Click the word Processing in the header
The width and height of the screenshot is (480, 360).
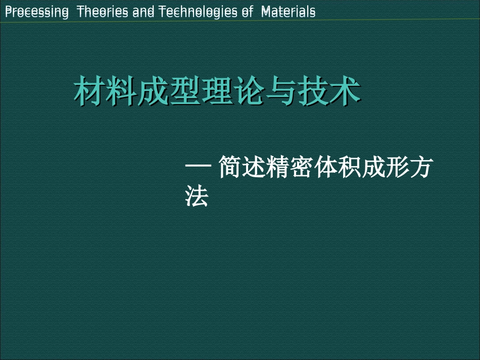pyautogui.click(x=36, y=12)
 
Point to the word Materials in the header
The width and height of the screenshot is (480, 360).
pyautogui.click(x=289, y=12)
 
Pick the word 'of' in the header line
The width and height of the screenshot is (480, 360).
pyautogui.click(x=247, y=12)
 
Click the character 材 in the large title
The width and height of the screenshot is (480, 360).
pyautogui.click(x=89, y=91)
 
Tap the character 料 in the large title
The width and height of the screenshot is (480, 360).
pyautogui.click(x=122, y=91)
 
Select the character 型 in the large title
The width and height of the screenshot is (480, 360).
pyautogui.click(x=185, y=91)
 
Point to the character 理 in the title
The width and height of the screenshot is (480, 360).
pyautogui.click(x=217, y=91)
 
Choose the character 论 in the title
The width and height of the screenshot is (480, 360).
pyautogui.click(x=250, y=91)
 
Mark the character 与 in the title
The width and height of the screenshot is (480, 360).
pyautogui.click(x=281, y=91)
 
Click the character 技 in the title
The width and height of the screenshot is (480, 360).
pyautogui.click(x=313, y=91)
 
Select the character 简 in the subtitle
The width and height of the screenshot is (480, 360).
pyautogui.click(x=230, y=168)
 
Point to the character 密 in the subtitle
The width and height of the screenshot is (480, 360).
pyautogui.click(x=302, y=168)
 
